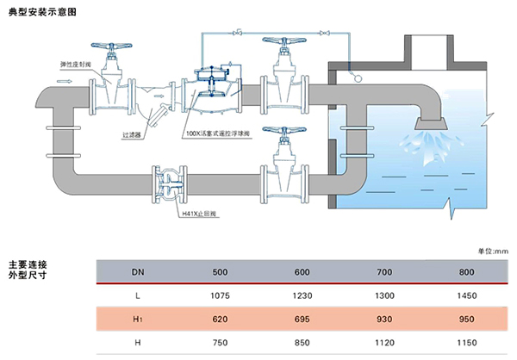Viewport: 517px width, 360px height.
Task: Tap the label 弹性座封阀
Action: (x=74, y=65)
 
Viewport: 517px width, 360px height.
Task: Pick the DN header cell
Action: (x=138, y=272)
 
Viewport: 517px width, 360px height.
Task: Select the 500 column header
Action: (x=220, y=272)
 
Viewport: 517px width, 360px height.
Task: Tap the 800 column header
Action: (x=467, y=272)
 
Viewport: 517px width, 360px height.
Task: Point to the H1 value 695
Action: (x=302, y=319)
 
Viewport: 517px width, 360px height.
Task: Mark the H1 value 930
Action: (x=384, y=319)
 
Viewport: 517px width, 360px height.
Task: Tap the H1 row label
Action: (x=138, y=319)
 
